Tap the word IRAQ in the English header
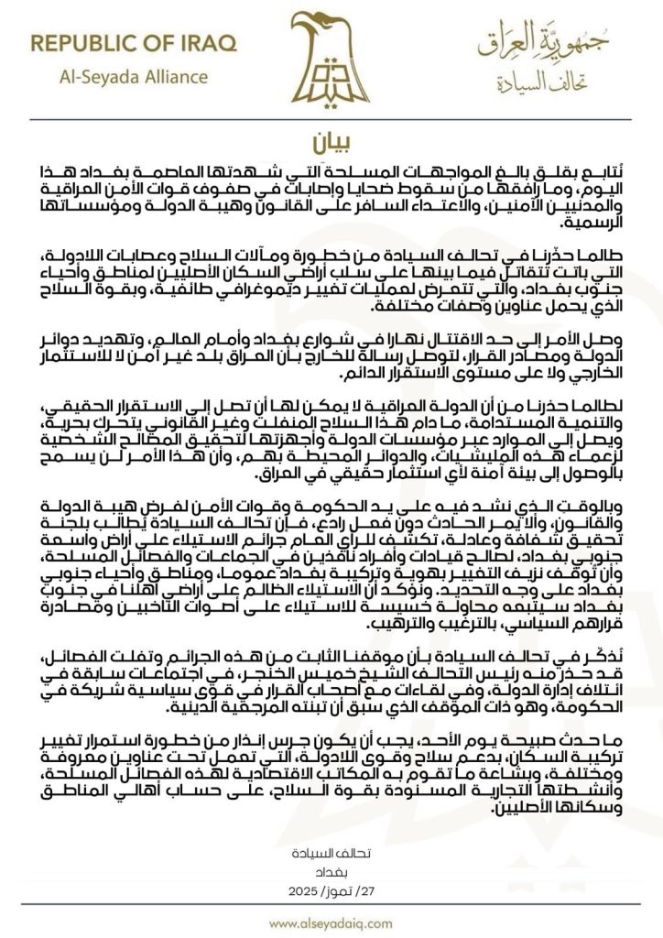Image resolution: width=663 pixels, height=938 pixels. click(x=206, y=43)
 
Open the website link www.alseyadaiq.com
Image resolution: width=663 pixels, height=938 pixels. click(x=331, y=922)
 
